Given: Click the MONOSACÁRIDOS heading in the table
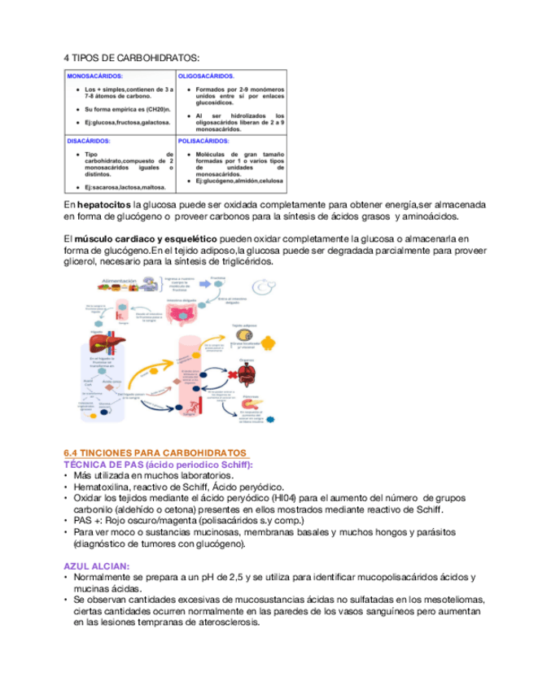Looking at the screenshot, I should click(90, 76).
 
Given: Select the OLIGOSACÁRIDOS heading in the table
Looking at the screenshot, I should click(206, 76).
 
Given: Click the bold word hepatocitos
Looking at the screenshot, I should click(103, 205).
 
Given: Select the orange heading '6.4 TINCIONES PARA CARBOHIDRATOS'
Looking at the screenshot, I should click(155, 452).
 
